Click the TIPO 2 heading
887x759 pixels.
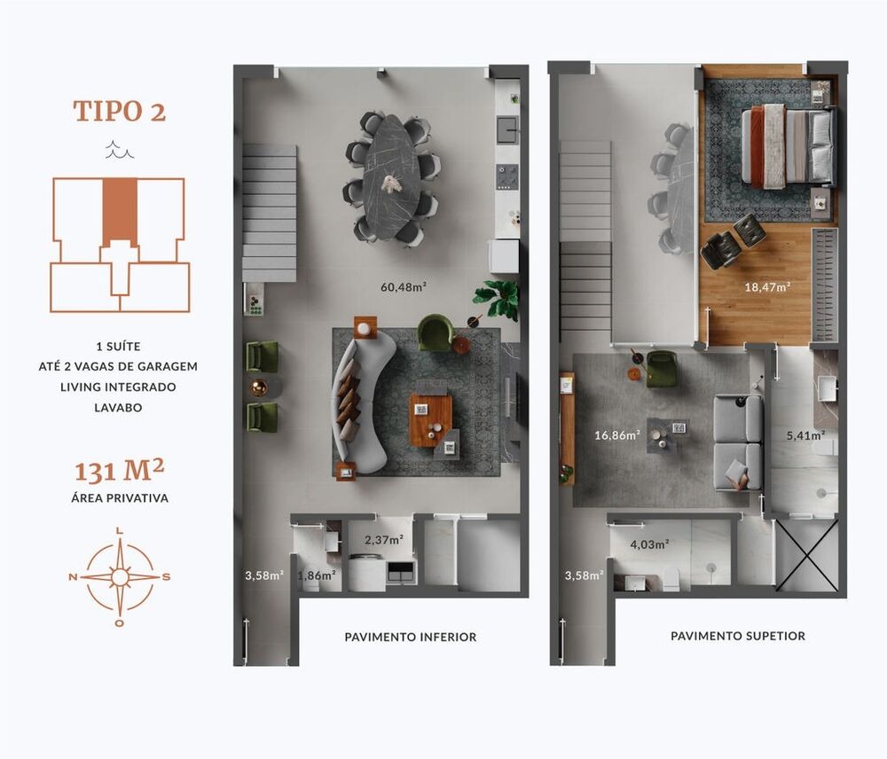point(119,112)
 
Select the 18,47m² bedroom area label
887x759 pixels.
point(767,286)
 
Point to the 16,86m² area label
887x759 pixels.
point(616,435)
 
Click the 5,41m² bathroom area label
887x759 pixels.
point(805,435)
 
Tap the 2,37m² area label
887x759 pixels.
point(384,539)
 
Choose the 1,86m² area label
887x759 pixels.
point(317,575)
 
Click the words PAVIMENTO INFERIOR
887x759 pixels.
point(410,637)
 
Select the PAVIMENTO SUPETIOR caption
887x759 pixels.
point(738,636)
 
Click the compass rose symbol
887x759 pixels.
point(120,576)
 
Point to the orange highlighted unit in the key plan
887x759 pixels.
point(120,213)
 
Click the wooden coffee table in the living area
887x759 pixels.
point(430,419)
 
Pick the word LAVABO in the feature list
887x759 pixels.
point(120,407)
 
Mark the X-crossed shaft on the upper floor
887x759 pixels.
point(806,555)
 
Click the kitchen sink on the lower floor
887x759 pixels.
point(507,129)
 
